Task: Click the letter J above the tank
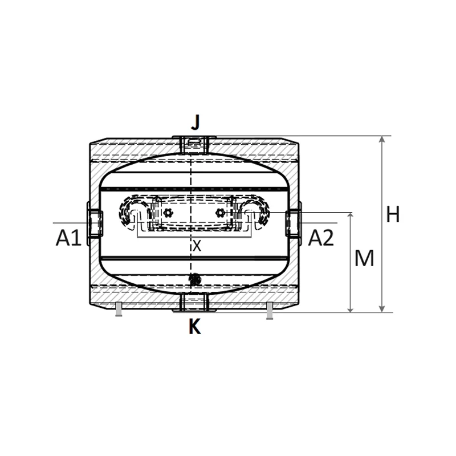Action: pos(196,122)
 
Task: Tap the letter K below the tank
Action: pos(195,326)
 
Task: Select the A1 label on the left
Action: pos(68,238)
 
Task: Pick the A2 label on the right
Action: pos(321,238)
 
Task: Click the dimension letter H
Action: pos(393,214)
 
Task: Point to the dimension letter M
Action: pos(364,258)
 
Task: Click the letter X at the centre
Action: pos(197,246)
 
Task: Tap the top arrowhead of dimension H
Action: pos(382,139)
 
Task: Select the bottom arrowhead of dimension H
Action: pos(382,309)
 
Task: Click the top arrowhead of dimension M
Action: pos(351,216)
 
